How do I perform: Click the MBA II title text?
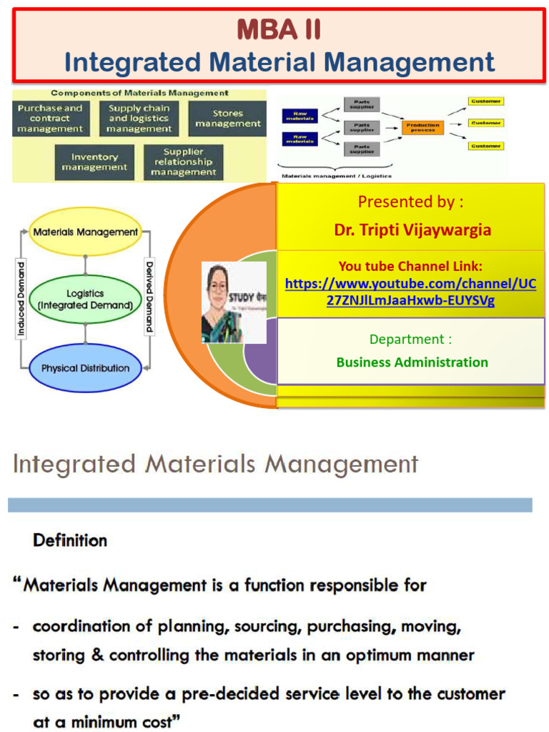[279, 30]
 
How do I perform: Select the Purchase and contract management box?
[51, 119]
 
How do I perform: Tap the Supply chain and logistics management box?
[139, 119]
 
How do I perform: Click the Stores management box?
[227, 119]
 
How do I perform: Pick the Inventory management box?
[94, 162]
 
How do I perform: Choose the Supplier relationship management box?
[183, 162]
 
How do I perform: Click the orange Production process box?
[422, 127]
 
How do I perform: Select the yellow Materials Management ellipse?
[86, 232]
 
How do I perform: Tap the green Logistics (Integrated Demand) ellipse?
[86, 300]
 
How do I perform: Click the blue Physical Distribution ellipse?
[86, 368]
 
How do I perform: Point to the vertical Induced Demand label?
[21, 300]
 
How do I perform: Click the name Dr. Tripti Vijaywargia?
[412, 230]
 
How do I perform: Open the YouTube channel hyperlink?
[410, 292]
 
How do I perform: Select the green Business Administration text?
[412, 362]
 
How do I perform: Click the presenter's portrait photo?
[233, 302]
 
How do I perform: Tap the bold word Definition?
[70, 540]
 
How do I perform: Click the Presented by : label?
[410, 202]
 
